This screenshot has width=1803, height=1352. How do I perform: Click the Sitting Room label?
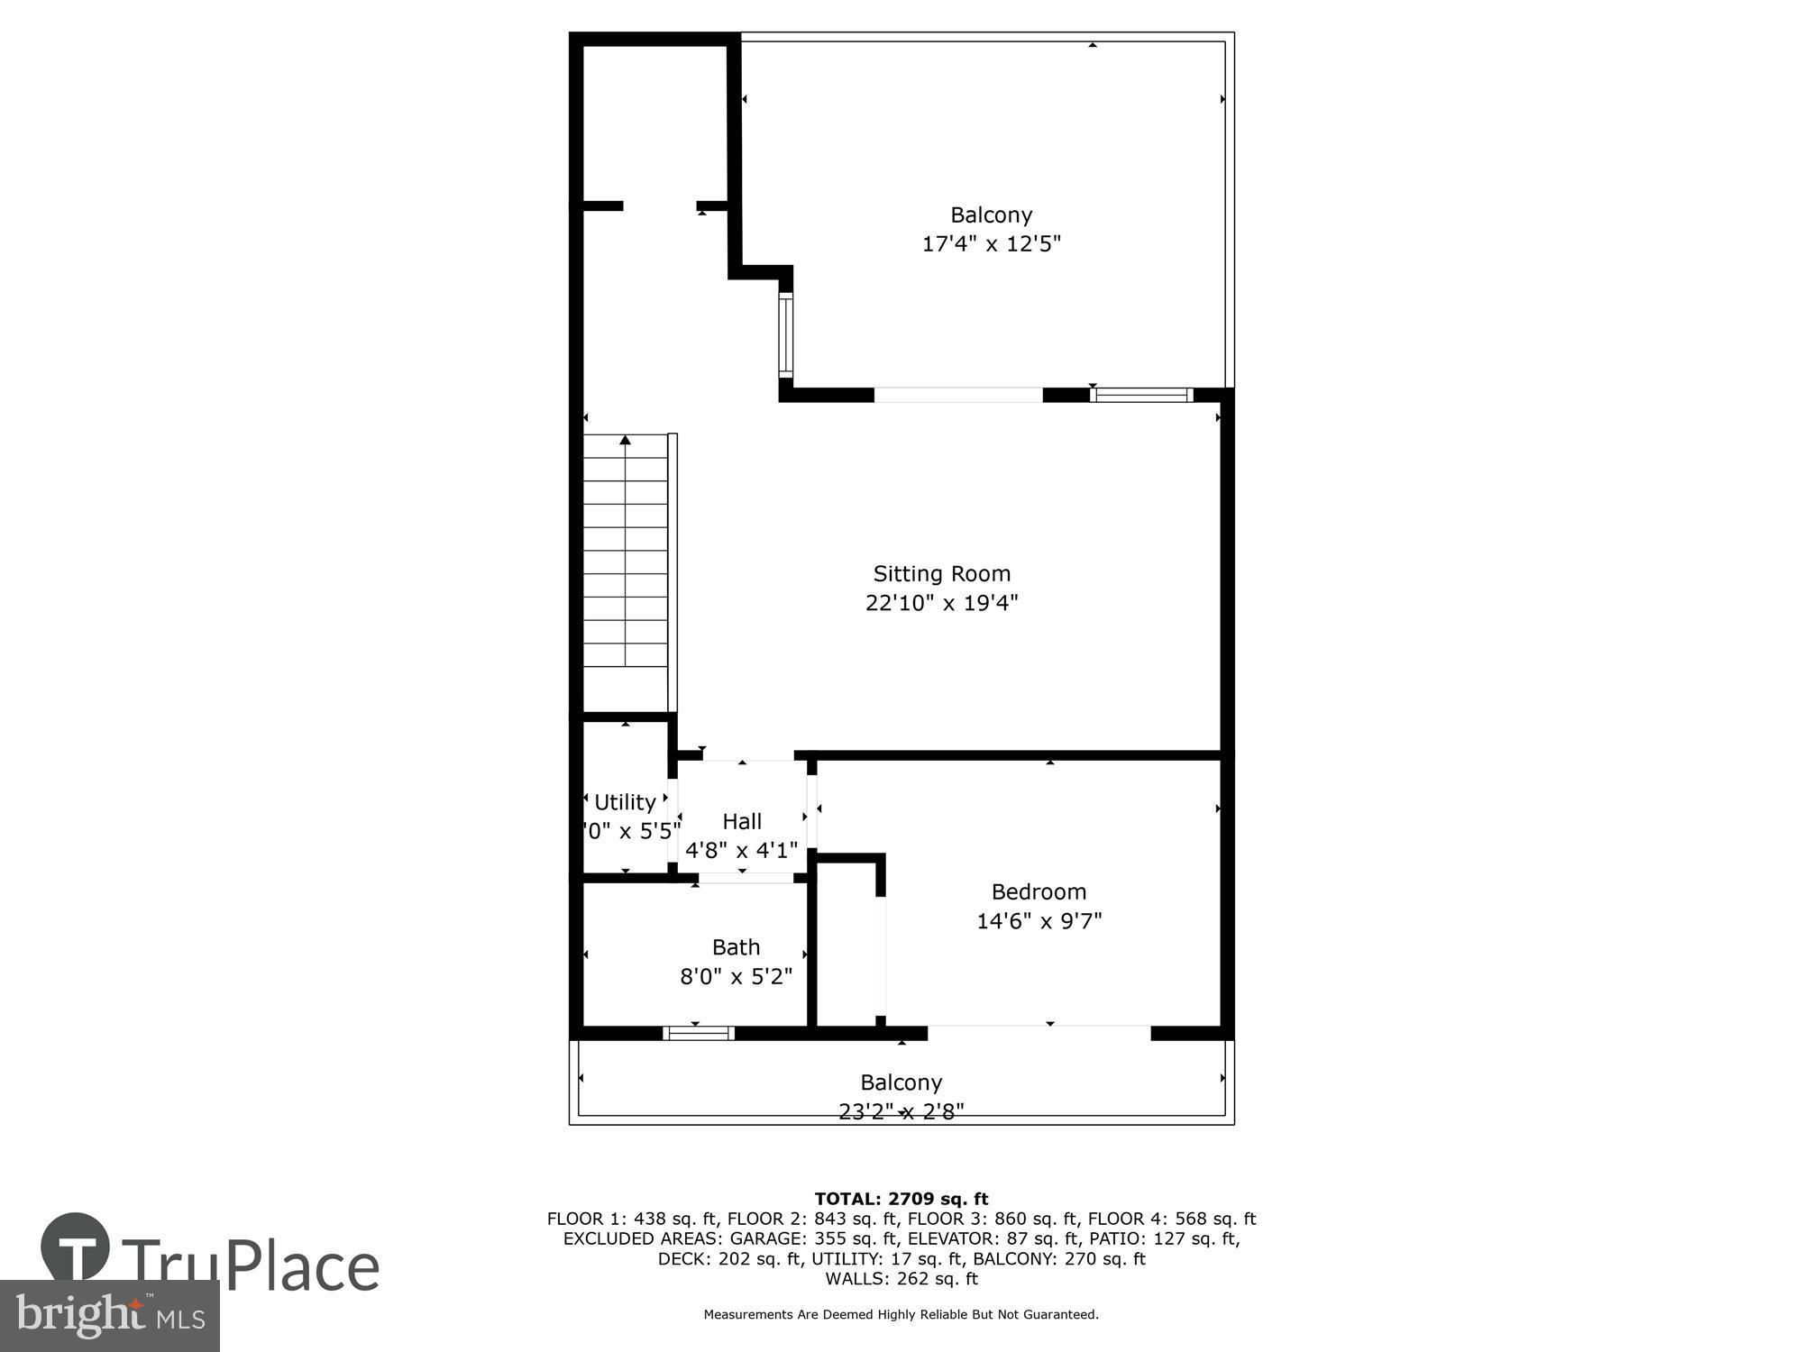pos(941,573)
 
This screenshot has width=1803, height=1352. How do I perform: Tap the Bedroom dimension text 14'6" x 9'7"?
pos(1039,920)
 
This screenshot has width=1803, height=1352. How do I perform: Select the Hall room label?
pos(742,821)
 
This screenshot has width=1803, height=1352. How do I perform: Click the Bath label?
pos(736,946)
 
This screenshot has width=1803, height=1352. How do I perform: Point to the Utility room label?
pos(625,801)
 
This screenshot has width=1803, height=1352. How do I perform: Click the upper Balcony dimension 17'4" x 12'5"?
pos(991,243)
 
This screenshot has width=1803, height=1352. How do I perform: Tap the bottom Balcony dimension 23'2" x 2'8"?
pos(901,1111)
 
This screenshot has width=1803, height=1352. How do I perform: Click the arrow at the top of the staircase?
pos(625,440)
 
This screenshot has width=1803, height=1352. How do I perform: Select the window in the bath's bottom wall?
pos(699,1033)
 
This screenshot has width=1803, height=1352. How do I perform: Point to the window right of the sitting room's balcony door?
pos(1141,395)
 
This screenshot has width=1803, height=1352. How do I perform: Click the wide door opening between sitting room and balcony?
pos(957,395)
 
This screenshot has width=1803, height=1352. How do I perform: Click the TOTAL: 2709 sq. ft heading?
pos(901,1199)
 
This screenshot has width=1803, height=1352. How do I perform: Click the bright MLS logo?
pos(109,1316)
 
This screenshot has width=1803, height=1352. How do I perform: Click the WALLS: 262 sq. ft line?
pos(901,1278)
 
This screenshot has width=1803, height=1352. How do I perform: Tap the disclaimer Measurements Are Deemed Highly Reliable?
pos(901,1314)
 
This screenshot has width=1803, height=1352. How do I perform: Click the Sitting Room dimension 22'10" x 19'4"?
pos(941,602)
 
